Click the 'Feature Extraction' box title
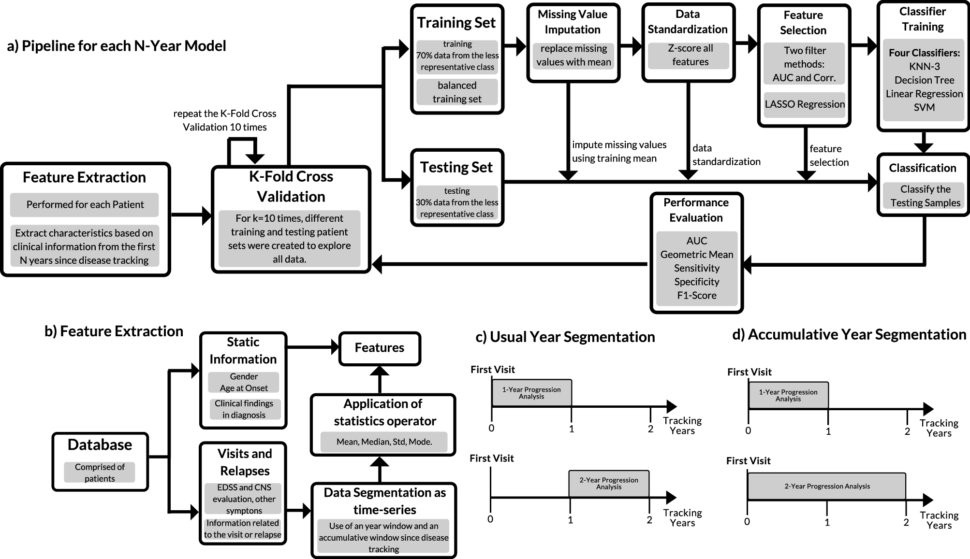pyautogui.click(x=84, y=177)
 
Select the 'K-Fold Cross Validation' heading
pyautogui.click(x=291, y=186)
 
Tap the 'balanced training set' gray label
pyautogui.click(x=457, y=92)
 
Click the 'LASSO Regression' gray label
pyautogui.click(x=805, y=104)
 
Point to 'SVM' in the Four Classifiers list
pyautogui.click(x=924, y=107)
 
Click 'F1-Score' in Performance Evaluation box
pyautogui.click(x=696, y=295)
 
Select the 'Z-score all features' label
pyautogui.click(x=690, y=55)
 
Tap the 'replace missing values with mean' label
pyautogui.click(x=573, y=55)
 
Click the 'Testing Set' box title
pyautogui.click(x=456, y=167)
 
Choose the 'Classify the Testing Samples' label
pyautogui.click(x=925, y=196)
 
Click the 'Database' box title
pyautogui.click(x=100, y=444)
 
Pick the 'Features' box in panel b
pyautogui.click(x=380, y=348)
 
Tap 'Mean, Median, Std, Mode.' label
pyautogui.click(x=384, y=442)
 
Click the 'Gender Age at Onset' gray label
pyautogui.click(x=244, y=382)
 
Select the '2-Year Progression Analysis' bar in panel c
pyautogui.click(x=609, y=484)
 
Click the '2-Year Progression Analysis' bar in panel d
pyautogui.click(x=827, y=487)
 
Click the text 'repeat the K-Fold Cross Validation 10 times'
pyautogui.click(x=225, y=120)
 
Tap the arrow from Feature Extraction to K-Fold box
pyautogui.click(x=191, y=215)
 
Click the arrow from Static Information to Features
pyautogui.click(x=312, y=346)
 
